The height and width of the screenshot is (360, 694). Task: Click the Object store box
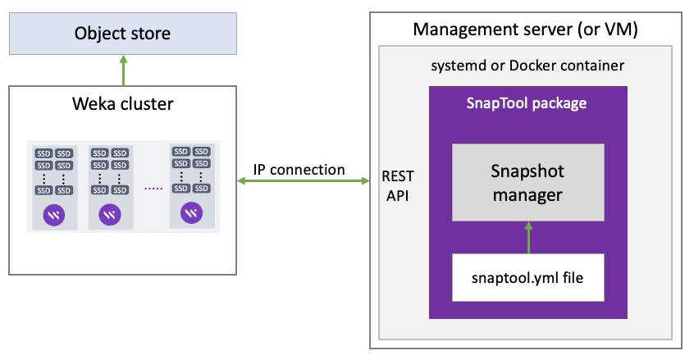tap(123, 34)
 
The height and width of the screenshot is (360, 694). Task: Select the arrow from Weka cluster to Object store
tap(124, 71)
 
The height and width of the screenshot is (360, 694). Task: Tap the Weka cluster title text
tap(123, 104)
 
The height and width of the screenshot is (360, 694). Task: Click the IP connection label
tap(299, 170)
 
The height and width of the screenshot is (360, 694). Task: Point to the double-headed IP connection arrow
tap(304, 180)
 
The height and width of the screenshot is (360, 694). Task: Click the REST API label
tap(398, 186)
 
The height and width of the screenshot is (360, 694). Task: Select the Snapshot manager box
tap(528, 182)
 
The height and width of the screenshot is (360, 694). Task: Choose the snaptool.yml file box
tap(528, 278)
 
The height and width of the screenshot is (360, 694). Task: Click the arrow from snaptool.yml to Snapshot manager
tap(528, 238)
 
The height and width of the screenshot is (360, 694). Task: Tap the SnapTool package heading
tap(527, 103)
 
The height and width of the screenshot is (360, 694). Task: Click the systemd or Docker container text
tap(527, 66)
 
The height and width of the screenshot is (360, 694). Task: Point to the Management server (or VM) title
tap(525, 30)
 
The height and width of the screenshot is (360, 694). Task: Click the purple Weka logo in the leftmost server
tap(54, 216)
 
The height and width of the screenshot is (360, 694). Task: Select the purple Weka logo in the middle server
tap(110, 215)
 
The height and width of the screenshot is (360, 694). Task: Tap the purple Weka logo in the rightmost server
tap(192, 213)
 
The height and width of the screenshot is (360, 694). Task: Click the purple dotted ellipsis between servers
tap(153, 189)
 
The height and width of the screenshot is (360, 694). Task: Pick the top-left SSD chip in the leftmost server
tap(43, 153)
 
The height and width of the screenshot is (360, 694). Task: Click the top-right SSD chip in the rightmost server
tap(201, 152)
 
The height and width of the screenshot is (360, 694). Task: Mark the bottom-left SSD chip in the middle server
tap(99, 190)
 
